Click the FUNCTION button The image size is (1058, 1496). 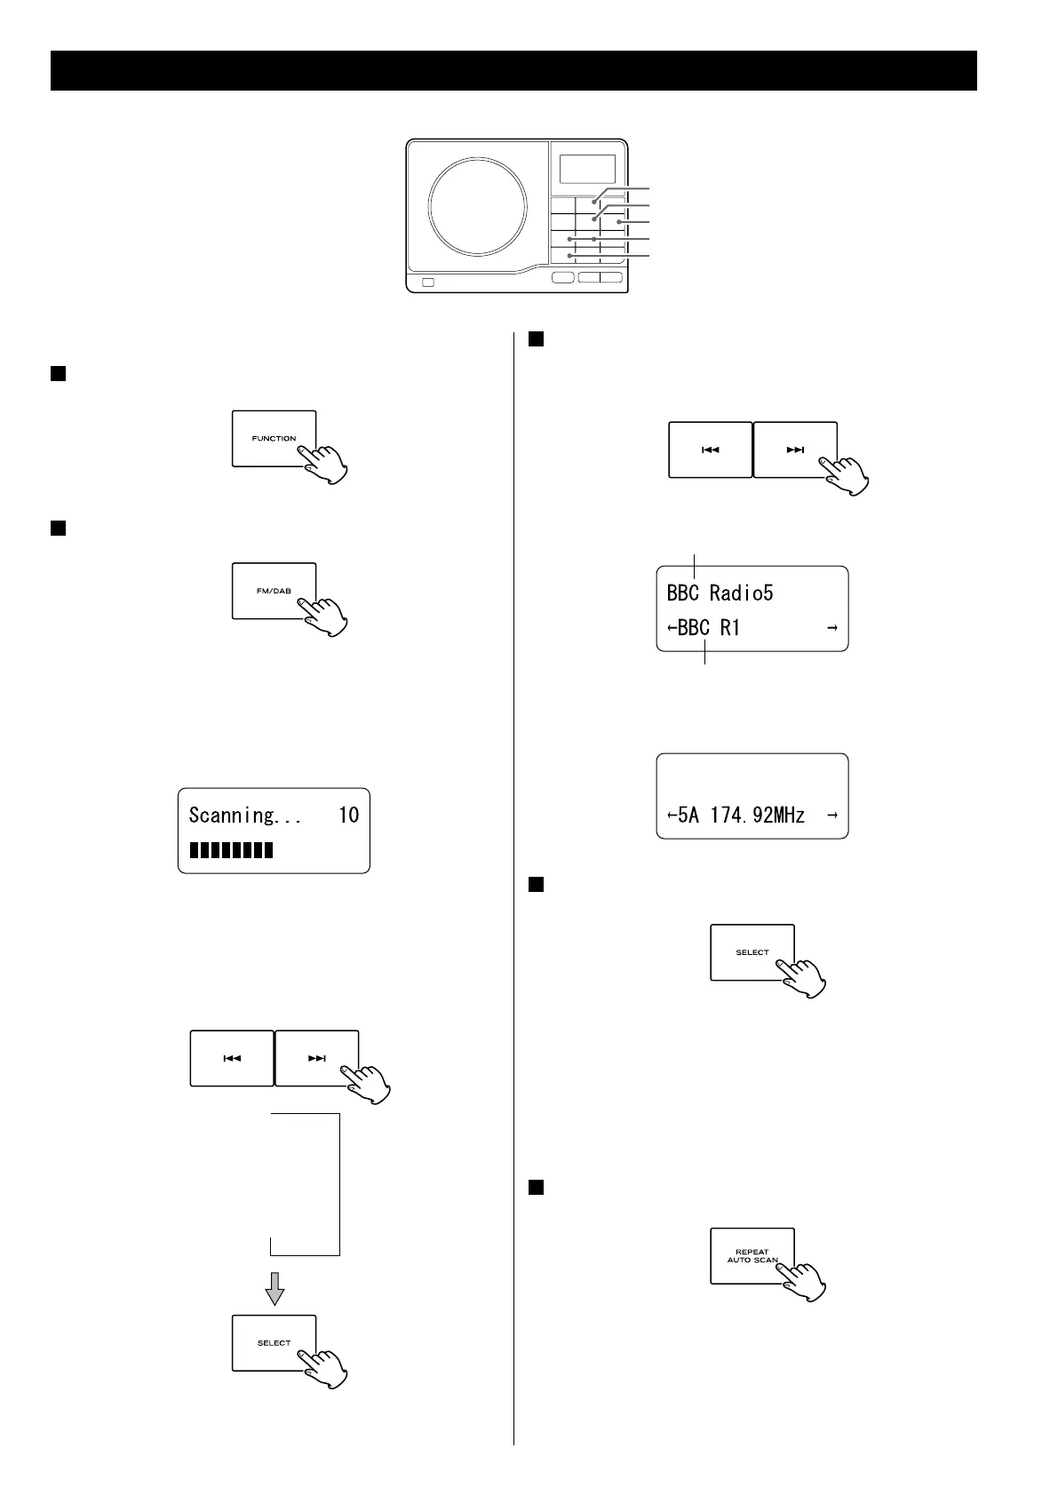(x=274, y=438)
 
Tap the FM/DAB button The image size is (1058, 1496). (x=274, y=590)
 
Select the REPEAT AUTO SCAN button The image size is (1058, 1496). (x=752, y=1255)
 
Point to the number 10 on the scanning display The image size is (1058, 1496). (x=348, y=815)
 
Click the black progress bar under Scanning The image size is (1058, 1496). (x=232, y=851)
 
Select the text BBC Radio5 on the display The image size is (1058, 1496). (x=720, y=593)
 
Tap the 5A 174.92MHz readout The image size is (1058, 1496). (x=741, y=815)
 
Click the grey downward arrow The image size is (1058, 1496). (x=275, y=1288)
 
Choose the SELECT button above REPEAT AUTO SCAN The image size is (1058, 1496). (x=752, y=952)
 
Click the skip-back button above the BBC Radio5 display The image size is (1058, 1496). (x=710, y=450)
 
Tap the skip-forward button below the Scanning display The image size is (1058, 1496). (x=317, y=1058)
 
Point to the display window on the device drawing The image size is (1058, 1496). (x=587, y=169)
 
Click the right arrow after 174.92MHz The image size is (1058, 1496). (x=831, y=815)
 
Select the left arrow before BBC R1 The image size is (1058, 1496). (x=672, y=628)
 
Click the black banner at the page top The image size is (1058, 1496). (x=513, y=70)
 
